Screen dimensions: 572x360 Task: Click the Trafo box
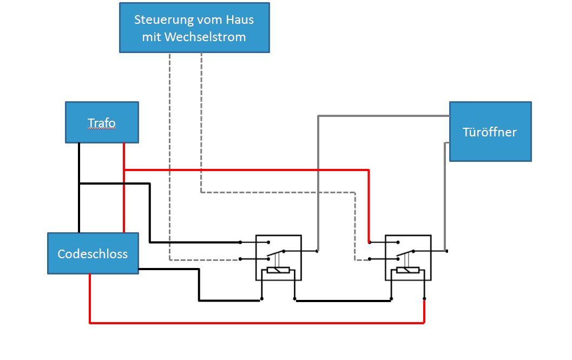(x=102, y=122)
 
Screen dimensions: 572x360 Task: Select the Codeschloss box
(x=93, y=253)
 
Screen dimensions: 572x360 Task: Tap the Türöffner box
(x=490, y=132)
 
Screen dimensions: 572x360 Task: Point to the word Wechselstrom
(x=205, y=37)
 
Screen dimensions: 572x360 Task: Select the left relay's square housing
(x=278, y=258)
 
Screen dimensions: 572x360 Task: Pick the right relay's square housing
(x=408, y=258)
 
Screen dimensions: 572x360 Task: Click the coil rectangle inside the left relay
(x=278, y=270)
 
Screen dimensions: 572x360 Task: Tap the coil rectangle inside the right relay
(x=408, y=270)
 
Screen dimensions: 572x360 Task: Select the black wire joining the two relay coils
(x=343, y=301)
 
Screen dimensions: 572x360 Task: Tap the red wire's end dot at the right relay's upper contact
(x=370, y=242)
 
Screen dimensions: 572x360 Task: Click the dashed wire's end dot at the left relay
(x=240, y=259)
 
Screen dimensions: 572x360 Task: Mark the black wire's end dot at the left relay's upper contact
(x=240, y=242)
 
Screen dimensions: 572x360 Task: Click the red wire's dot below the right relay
(x=424, y=299)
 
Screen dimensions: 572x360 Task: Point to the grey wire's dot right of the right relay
(x=446, y=251)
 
